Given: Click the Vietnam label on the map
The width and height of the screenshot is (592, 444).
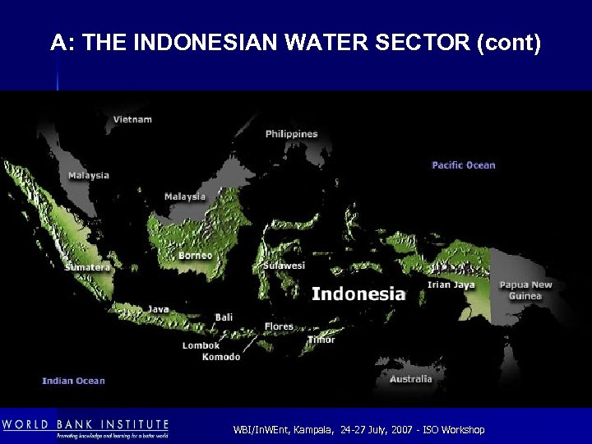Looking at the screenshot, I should pos(132,119).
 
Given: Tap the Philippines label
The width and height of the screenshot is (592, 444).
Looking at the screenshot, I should pos(291,134).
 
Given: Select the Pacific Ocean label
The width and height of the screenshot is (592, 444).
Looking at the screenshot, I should pos(464,165).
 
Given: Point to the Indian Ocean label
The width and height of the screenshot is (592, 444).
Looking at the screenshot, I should pos(74,381).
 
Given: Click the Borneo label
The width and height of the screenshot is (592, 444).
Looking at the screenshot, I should pos(196,256).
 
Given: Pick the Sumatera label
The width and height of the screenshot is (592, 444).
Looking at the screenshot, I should pos(87,267).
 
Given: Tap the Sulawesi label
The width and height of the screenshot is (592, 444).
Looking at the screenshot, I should pos(284,266).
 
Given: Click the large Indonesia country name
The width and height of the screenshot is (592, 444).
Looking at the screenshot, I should pos(358,294).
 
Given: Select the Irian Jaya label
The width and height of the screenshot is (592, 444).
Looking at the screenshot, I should pos(451,285).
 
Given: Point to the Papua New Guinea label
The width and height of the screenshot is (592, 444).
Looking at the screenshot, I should pos(526,290).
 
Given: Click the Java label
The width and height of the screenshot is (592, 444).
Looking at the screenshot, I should pos(159,309).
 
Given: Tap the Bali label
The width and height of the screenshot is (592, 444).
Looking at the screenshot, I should pos(224,317).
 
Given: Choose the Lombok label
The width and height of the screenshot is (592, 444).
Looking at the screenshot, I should pos(201,346).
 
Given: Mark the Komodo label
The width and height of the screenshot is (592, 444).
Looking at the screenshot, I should pos(221,357).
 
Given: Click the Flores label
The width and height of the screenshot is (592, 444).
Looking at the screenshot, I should pos(279,326).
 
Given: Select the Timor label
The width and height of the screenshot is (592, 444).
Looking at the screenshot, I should pos(321,340).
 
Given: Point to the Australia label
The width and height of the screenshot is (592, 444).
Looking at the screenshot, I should pos(410,379).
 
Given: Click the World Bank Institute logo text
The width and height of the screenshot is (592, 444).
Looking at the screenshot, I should pos(86,425).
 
